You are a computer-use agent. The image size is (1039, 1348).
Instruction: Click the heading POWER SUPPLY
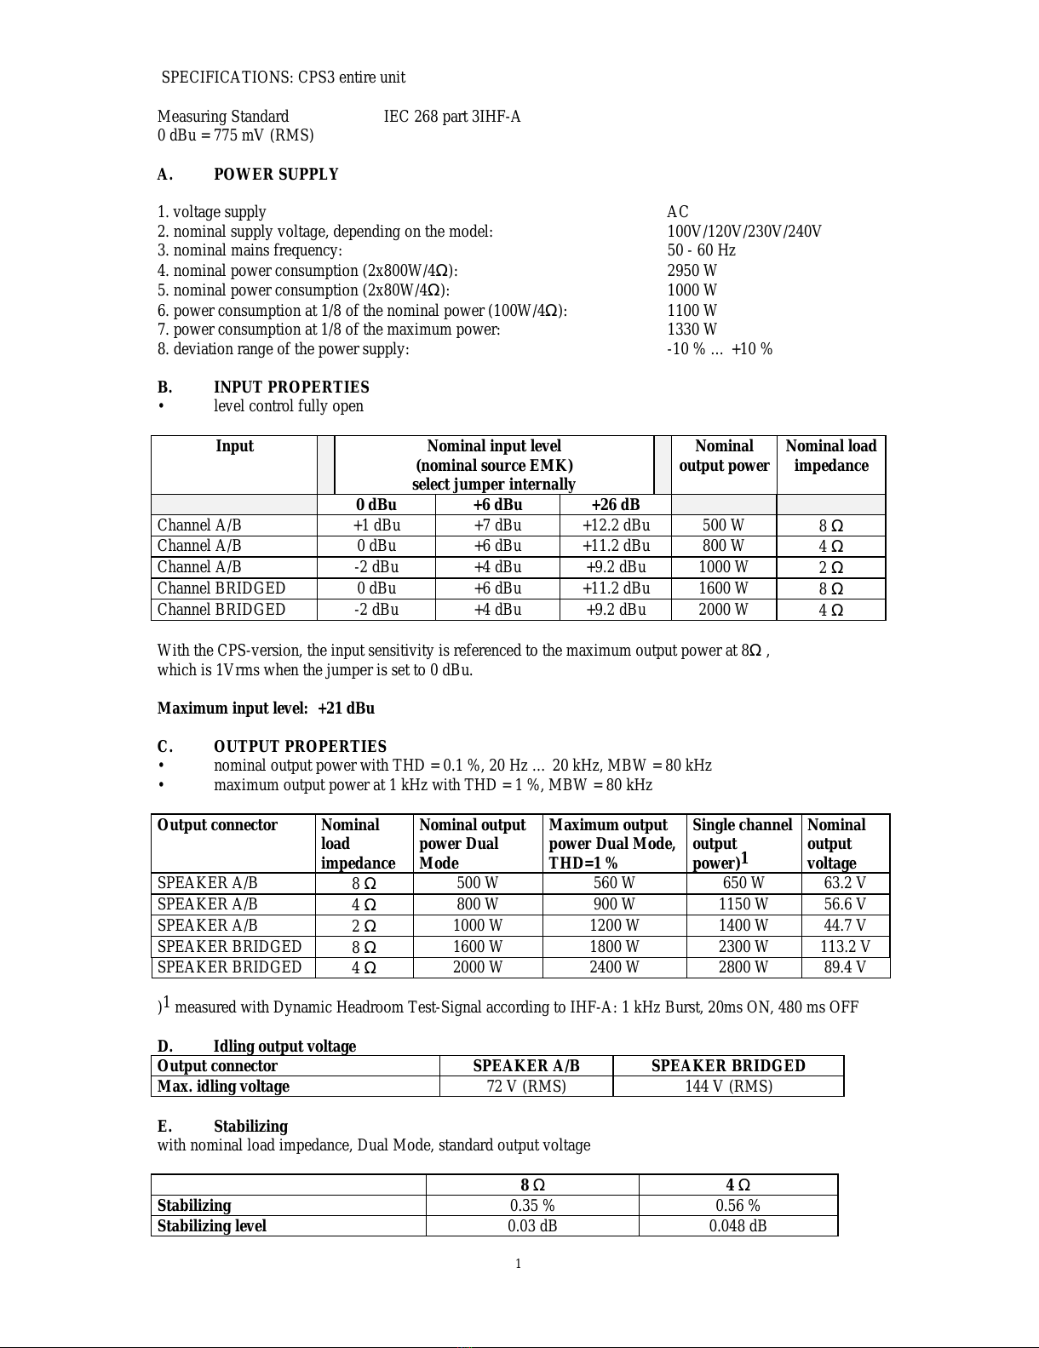click(x=276, y=175)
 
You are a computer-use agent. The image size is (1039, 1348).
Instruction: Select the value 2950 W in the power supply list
click(x=692, y=271)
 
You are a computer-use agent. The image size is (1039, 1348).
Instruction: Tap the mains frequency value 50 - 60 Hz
click(x=701, y=250)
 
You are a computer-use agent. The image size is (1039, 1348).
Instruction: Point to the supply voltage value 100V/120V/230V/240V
click(x=743, y=232)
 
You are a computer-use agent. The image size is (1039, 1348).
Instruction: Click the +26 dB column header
click(x=615, y=505)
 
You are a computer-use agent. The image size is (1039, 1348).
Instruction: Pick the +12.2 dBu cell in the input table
click(x=616, y=525)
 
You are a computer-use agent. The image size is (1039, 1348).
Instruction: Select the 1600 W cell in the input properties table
click(x=723, y=588)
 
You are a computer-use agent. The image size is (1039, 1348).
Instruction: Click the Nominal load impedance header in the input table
click(x=830, y=456)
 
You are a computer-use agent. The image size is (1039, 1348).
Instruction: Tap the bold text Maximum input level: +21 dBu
click(x=266, y=708)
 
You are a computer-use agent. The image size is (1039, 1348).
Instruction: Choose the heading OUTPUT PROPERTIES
click(x=300, y=747)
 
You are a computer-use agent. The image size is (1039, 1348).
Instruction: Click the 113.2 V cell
click(x=845, y=947)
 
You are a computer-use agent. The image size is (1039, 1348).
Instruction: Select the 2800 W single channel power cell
click(x=743, y=967)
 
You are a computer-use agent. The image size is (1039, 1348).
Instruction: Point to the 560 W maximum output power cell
click(x=613, y=883)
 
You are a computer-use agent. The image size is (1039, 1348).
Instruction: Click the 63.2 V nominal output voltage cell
click(x=845, y=883)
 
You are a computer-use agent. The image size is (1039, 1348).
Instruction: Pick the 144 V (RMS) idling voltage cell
click(x=728, y=1087)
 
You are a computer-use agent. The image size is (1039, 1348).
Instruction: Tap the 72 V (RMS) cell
click(x=525, y=1087)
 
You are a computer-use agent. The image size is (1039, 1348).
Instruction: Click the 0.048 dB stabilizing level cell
click(x=738, y=1226)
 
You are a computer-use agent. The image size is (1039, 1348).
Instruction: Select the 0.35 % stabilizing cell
click(x=532, y=1206)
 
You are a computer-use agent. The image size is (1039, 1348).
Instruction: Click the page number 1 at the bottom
click(x=518, y=1264)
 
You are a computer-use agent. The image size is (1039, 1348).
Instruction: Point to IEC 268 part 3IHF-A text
click(x=452, y=117)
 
